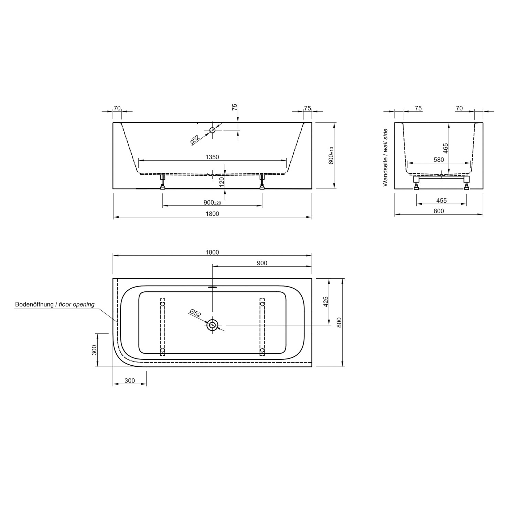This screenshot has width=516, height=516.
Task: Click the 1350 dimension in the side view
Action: pyautogui.click(x=212, y=157)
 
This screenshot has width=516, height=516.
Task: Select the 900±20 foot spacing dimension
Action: pyautogui.click(x=212, y=203)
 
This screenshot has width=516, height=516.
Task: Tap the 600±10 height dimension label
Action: pyautogui.click(x=331, y=155)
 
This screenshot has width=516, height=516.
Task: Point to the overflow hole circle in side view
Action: pyautogui.click(x=213, y=130)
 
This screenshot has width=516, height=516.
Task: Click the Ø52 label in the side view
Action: pyautogui.click(x=195, y=139)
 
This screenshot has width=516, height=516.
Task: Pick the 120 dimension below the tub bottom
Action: pyautogui.click(x=222, y=181)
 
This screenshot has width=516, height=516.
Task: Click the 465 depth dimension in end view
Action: pyautogui.click(x=445, y=148)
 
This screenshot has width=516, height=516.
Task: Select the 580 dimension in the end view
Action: pyautogui.click(x=439, y=160)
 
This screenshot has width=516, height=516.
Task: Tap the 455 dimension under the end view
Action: pyautogui.click(x=441, y=201)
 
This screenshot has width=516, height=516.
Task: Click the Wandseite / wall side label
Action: pyautogui.click(x=385, y=158)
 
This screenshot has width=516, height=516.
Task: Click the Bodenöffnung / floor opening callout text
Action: pyautogui.click(x=55, y=304)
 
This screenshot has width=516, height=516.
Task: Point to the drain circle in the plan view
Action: pyautogui.click(x=212, y=324)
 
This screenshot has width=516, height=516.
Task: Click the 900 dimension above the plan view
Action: pyautogui.click(x=262, y=263)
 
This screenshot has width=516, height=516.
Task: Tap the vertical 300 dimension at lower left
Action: pyautogui.click(x=95, y=350)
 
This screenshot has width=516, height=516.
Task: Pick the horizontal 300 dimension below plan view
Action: pyautogui.click(x=130, y=380)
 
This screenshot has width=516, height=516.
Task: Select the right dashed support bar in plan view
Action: pyautogui.click(x=262, y=327)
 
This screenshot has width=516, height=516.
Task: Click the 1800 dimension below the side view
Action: pyautogui.click(x=212, y=214)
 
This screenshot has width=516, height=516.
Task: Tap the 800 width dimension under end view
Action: pyautogui.click(x=439, y=211)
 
